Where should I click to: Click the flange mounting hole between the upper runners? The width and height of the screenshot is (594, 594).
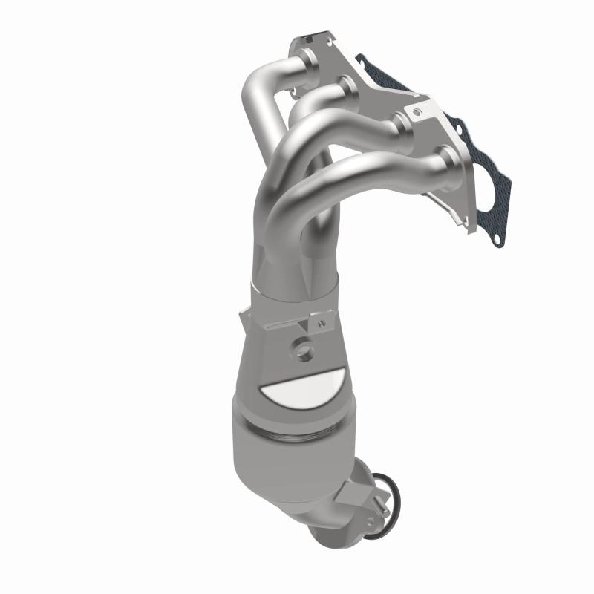298,93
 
